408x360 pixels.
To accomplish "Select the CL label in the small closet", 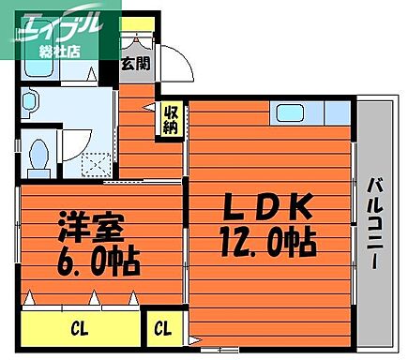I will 163,329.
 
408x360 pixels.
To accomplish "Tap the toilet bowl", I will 40,157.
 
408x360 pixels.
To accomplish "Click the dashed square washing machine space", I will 93,160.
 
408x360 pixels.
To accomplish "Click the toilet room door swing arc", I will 69,139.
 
